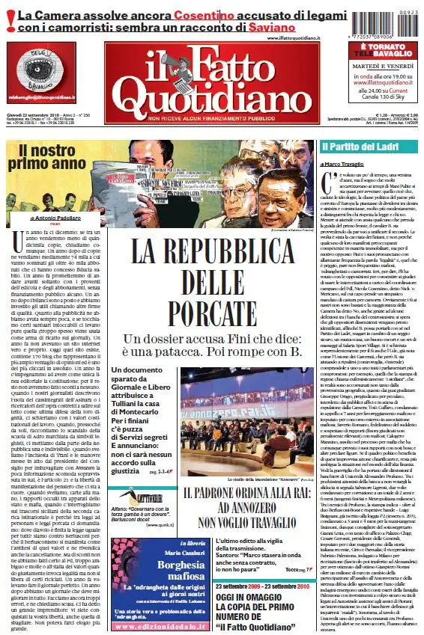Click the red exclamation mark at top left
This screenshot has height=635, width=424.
10,22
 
